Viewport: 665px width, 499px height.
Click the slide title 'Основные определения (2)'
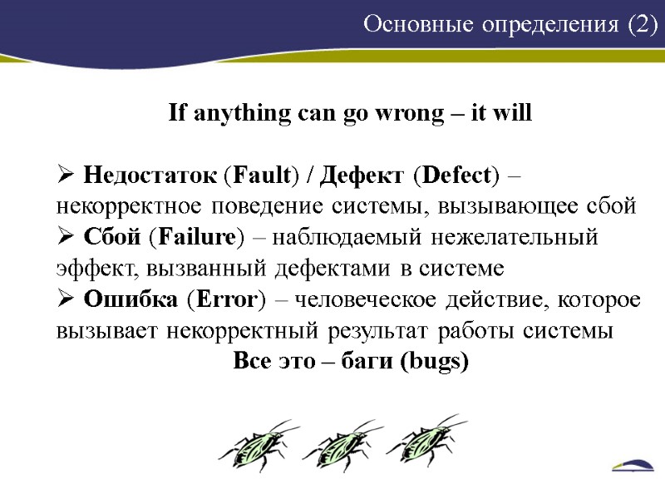tap(510, 26)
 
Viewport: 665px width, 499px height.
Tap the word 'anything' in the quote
tap(240, 114)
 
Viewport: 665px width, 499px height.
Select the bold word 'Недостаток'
tap(151, 176)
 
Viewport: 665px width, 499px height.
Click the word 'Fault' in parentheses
tap(262, 176)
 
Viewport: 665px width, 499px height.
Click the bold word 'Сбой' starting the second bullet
tap(113, 238)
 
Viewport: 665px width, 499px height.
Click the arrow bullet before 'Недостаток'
tap(66, 176)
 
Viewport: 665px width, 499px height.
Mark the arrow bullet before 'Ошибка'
tap(66, 299)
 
